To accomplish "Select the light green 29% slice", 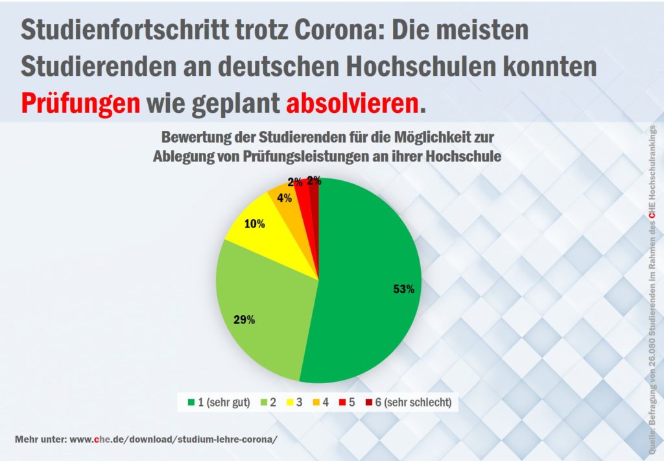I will [259, 305].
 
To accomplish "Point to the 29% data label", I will [244, 319].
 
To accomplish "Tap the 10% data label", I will [255, 224].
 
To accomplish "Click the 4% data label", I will [283, 198].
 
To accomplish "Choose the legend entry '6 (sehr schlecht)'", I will [412, 403].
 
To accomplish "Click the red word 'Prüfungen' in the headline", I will [80, 102].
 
